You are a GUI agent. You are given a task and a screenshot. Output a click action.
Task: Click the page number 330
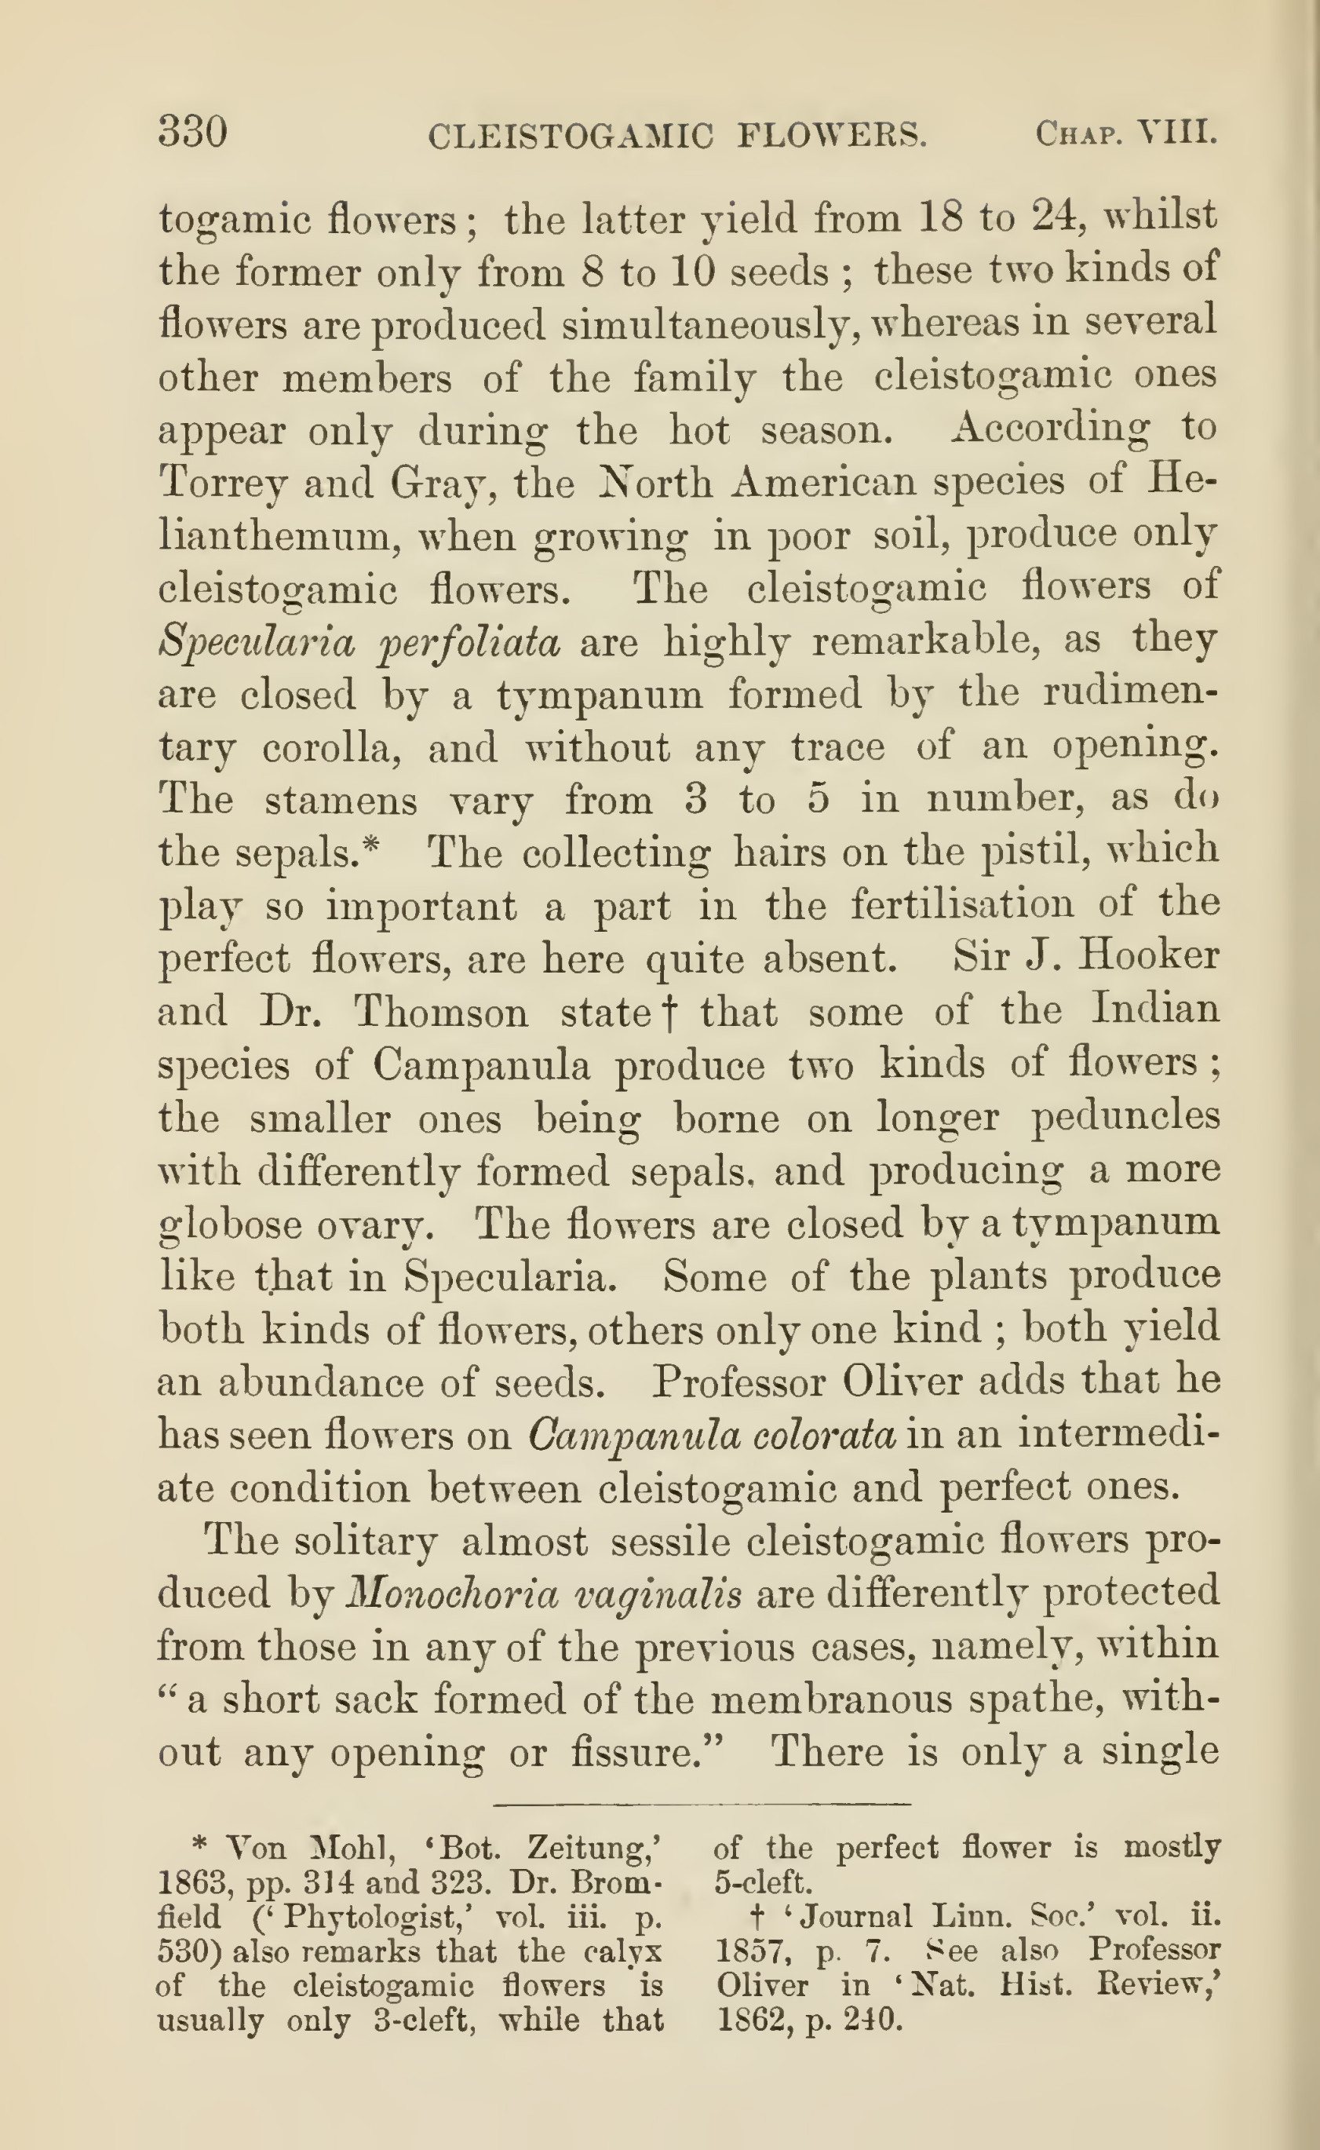pos(193,133)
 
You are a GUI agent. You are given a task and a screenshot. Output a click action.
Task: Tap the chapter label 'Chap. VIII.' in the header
pos(1125,133)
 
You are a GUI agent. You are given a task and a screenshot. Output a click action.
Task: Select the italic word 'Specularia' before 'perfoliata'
pos(257,643)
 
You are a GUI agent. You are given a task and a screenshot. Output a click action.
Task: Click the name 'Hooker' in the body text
pos(1148,955)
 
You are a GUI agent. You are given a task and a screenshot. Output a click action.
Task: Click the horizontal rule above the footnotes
pos(703,1803)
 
